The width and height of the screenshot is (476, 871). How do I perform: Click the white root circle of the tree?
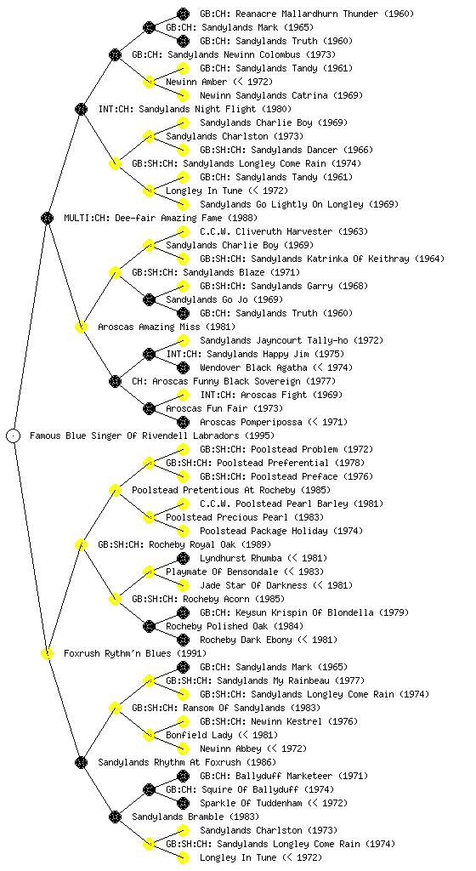(14, 435)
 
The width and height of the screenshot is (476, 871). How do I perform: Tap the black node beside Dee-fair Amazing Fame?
(47, 218)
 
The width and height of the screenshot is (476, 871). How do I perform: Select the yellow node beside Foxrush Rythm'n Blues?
(47, 653)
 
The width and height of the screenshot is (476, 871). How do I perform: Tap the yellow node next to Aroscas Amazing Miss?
(81, 327)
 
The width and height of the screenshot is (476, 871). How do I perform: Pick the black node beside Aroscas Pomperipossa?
(183, 422)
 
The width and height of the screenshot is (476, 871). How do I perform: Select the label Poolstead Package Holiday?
(263, 531)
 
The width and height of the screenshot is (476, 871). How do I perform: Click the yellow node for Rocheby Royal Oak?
(81, 544)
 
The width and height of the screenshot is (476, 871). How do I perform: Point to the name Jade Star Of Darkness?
(253, 585)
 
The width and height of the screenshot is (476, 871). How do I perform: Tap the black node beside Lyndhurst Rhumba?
(183, 558)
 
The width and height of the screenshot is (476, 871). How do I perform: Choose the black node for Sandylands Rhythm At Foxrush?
(81, 762)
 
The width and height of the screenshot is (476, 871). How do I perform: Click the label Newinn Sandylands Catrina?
(263, 95)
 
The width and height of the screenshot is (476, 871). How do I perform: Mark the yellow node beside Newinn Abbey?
(183, 749)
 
